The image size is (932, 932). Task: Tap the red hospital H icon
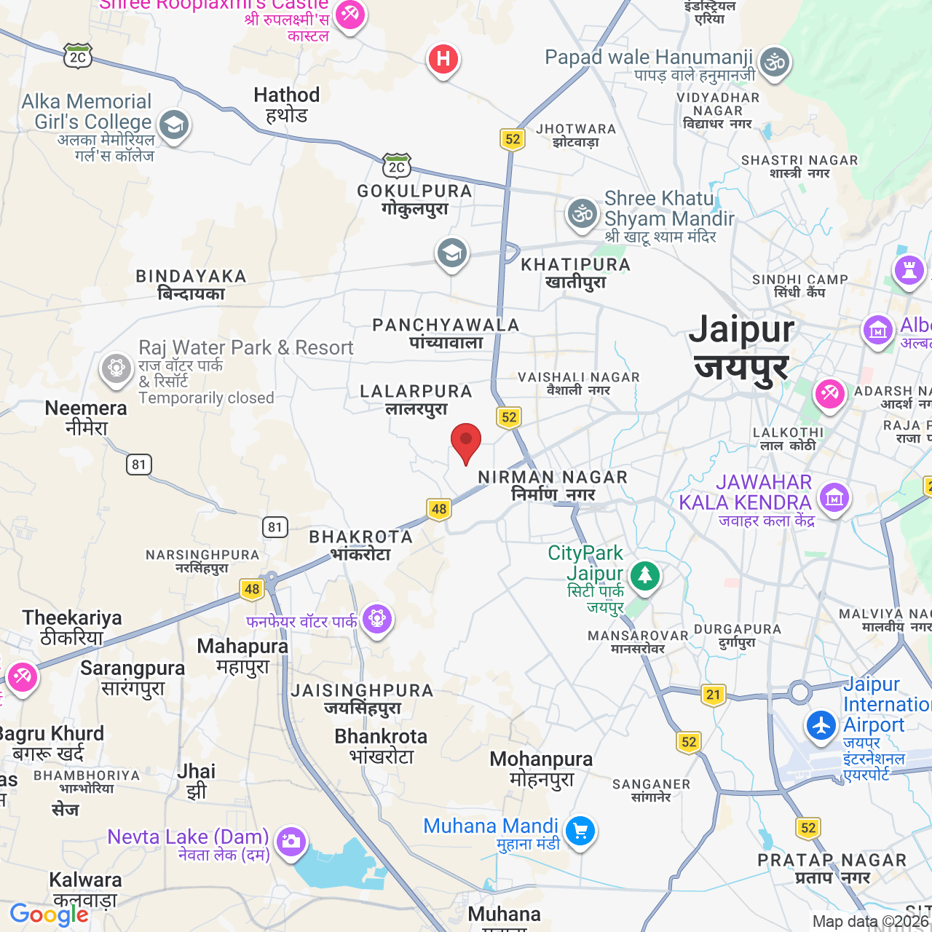443,59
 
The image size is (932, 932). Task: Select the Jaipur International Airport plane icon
821,725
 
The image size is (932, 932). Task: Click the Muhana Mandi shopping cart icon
580,830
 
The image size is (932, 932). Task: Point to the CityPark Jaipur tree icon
644,576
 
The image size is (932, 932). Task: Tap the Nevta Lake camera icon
291,842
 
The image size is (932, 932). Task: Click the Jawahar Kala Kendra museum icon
834,498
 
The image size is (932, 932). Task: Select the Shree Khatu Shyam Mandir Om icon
582,213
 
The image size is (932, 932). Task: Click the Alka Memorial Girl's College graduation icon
173,125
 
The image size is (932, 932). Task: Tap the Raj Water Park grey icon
116,368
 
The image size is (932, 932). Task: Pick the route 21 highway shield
714,695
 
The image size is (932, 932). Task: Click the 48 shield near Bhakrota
438,509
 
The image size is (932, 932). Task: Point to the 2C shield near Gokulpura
397,167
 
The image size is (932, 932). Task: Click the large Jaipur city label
741,347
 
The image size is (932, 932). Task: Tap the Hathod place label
286,105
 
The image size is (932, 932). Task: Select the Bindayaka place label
191,285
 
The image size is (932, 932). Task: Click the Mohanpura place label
541,769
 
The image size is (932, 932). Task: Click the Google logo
49,915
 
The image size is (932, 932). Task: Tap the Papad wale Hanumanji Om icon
775,63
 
